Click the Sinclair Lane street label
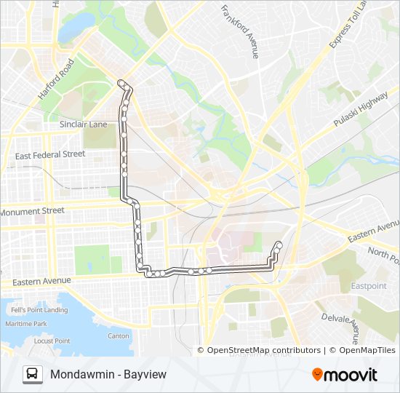coord(83,124)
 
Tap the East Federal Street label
coord(50,154)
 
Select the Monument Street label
coord(32,211)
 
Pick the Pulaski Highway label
coord(361,110)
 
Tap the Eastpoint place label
coord(369,286)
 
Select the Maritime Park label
coord(25,323)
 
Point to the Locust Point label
coord(52,341)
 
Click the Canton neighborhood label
coord(118,336)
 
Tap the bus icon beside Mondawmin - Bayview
coord(33,374)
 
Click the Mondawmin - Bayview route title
coord(108,374)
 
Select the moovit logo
coord(345,375)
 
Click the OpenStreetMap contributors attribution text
coord(263,350)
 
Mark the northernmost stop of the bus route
coord(121,82)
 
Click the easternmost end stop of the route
coord(279,244)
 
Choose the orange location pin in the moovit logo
coord(317,375)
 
